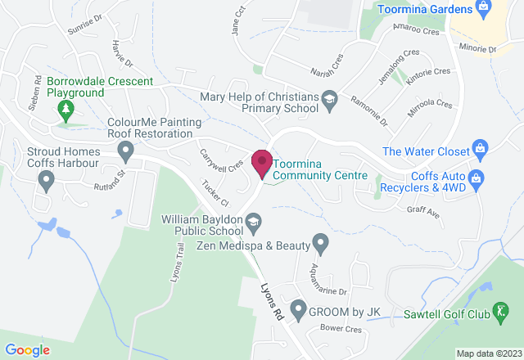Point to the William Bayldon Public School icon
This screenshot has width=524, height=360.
point(255,221)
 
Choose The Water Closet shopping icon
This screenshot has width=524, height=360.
point(481,151)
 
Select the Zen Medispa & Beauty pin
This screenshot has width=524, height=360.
point(320,242)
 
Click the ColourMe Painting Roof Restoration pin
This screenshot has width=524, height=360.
point(126,151)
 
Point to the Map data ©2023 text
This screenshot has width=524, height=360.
point(488,353)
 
